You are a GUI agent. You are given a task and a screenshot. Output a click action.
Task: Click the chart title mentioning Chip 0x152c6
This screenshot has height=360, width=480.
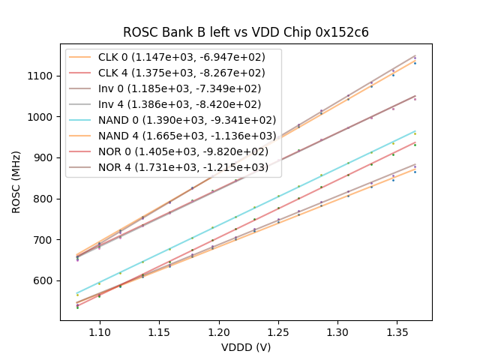(x=245, y=32)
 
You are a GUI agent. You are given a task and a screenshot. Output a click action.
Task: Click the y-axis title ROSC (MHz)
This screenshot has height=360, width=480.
(x=16, y=180)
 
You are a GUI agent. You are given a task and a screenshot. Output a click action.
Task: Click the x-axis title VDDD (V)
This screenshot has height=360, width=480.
(x=245, y=347)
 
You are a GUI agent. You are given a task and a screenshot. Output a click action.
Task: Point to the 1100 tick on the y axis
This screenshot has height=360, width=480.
(x=41, y=76)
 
